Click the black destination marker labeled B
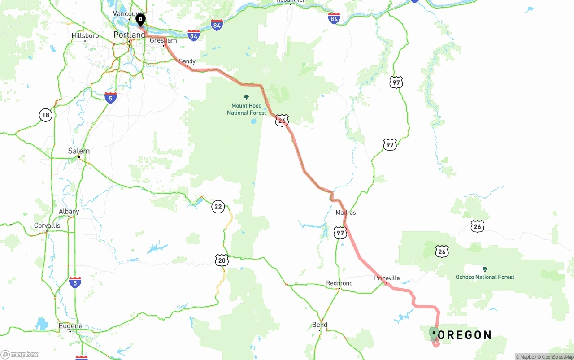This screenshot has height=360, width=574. point(140,20)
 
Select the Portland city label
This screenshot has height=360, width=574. point(129,35)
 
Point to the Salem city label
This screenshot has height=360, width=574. point(78,151)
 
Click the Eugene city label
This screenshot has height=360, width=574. point(70,326)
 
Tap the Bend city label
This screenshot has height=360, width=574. point(320,325)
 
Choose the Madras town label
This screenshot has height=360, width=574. point(346,213)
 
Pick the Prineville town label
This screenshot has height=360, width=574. point(387,278)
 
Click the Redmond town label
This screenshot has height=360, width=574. point(339,283)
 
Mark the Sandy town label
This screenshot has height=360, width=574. point(187,61)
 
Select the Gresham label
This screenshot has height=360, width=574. point(163,40)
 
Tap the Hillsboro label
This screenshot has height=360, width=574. point(85,36)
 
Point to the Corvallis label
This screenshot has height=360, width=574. point(47,226)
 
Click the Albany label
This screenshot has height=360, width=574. point(69,212)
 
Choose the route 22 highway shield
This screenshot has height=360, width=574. point(218,207)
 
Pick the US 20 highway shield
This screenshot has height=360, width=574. point(222,260)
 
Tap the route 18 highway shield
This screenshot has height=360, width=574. point(45,115)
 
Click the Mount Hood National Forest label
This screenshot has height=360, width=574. point(246,109)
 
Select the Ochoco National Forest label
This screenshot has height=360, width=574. point(485,277)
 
